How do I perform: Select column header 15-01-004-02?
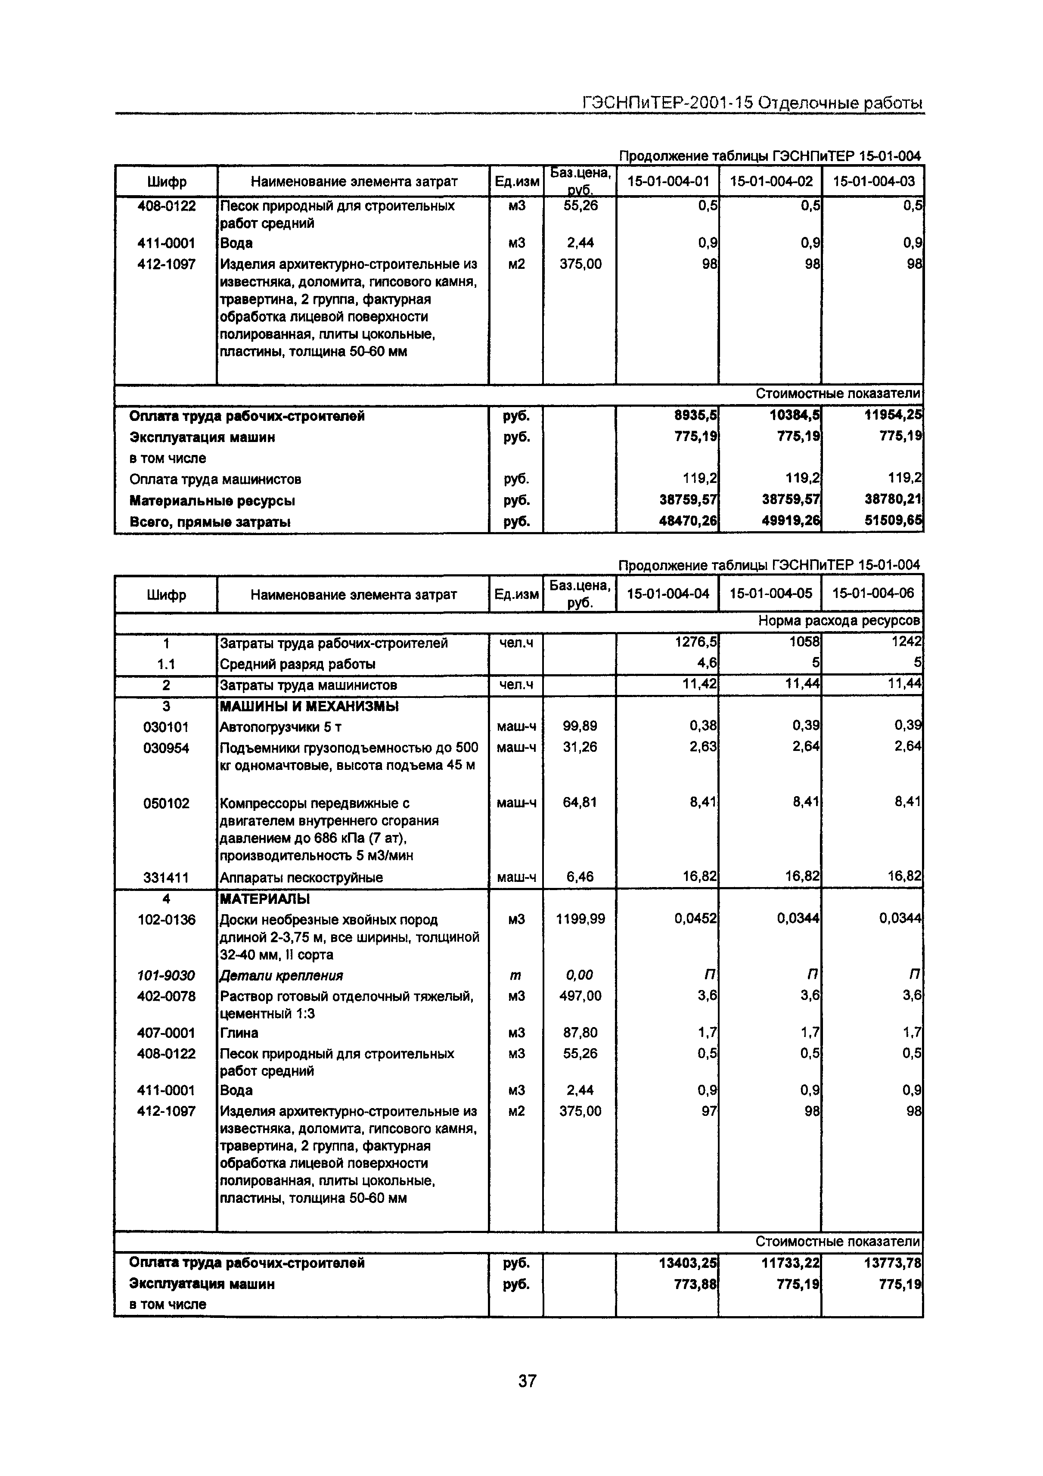(770, 181)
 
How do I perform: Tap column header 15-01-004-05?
(770, 593)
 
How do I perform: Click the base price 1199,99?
(580, 919)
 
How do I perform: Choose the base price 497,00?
(580, 996)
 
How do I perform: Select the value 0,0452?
(695, 919)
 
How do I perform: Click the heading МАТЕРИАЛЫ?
(265, 899)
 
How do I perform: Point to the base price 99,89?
(580, 726)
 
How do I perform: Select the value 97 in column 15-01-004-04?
(709, 1111)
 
